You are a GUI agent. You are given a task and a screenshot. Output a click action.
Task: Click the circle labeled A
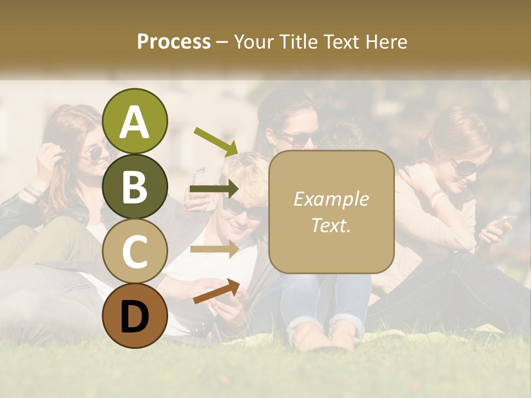coord(135,122)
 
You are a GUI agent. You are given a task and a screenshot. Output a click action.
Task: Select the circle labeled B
coord(135,187)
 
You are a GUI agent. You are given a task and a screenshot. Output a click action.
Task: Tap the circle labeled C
coord(135,251)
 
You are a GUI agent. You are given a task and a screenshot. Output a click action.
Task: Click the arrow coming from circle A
coord(216,140)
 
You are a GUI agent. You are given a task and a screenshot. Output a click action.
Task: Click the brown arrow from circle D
coord(216,292)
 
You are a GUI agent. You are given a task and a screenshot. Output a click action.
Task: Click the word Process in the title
coord(174,41)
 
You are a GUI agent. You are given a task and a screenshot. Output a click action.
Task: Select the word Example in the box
coord(331,199)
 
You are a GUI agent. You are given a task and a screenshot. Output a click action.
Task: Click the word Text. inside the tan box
coord(331,225)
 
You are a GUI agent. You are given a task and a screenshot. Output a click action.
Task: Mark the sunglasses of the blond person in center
coord(243,210)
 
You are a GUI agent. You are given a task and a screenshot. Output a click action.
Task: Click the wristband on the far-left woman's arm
coord(33,191)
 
